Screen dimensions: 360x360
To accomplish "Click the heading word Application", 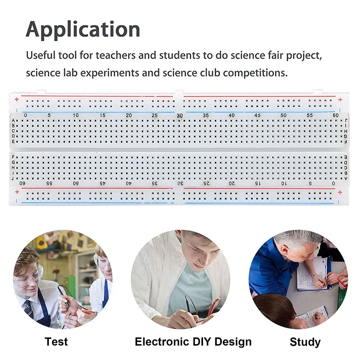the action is pyautogui.click(x=83, y=30).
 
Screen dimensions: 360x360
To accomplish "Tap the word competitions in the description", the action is pyautogui.click(x=255, y=73).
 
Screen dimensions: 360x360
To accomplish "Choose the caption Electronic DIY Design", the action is pyautogui.click(x=193, y=342).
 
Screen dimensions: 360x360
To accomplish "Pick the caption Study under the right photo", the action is pyautogui.click(x=305, y=342).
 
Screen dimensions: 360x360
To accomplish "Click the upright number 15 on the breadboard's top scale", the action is pyautogui.click(x=102, y=115).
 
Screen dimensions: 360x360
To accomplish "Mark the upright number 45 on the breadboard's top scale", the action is pyautogui.click(x=257, y=115).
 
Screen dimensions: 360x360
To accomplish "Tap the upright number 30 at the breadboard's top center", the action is pyautogui.click(x=180, y=116).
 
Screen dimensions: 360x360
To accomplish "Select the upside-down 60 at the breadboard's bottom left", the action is pyautogui.click(x=22, y=183).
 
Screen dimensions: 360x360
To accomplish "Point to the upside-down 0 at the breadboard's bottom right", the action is pyautogui.click(x=333, y=183).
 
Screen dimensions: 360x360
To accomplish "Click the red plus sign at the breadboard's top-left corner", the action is pyautogui.click(x=17, y=99).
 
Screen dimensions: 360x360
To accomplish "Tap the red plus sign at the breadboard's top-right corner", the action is pyautogui.click(x=340, y=100).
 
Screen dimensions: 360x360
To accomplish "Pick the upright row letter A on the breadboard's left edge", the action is pyautogui.click(x=13, y=120).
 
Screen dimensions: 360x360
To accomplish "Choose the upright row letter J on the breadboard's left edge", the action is pyautogui.click(x=13, y=178).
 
